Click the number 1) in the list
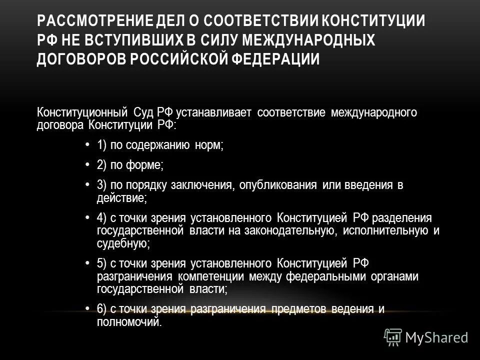102,145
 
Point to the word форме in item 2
145,165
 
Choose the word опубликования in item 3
278,185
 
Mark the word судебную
121,243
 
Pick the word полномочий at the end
129,322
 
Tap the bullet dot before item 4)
87,217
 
